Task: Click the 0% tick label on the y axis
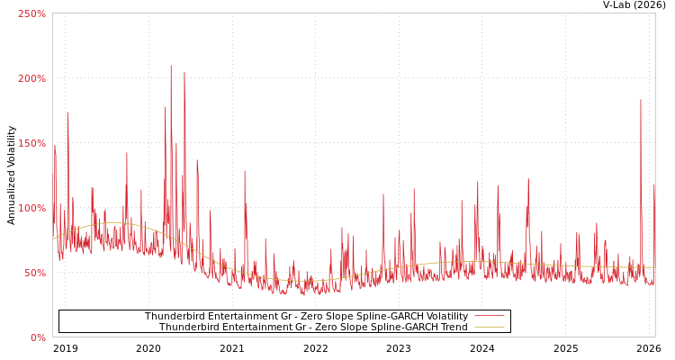click(38, 337)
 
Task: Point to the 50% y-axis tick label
click(35, 273)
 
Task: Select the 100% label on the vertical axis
click(32, 208)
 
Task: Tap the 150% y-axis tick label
click(32, 143)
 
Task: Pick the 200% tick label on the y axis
click(32, 78)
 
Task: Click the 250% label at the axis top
click(32, 13)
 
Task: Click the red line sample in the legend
click(489, 316)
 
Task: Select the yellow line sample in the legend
click(489, 327)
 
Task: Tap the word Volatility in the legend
click(445, 316)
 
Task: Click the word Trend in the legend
click(453, 327)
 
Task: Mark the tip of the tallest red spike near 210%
click(171, 66)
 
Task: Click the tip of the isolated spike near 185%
click(641, 100)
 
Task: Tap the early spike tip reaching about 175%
click(67, 113)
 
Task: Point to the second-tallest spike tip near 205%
click(184, 72)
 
